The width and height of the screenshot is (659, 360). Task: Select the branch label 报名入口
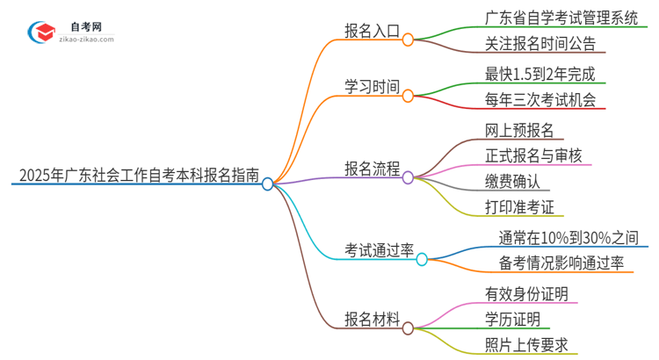pos(372,29)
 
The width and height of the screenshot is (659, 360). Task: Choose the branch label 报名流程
pos(372,167)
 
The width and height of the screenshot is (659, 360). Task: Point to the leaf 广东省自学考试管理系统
pos(561,16)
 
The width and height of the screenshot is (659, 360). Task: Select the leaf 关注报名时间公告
pos(540,43)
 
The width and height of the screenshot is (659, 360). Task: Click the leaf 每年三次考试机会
pos(540,100)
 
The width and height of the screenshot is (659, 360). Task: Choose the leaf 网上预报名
pos(518,130)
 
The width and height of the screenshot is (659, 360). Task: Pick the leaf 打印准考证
pos(518,207)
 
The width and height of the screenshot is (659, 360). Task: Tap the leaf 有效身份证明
pos(526,292)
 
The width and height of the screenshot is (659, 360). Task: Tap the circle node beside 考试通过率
pos(422,259)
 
